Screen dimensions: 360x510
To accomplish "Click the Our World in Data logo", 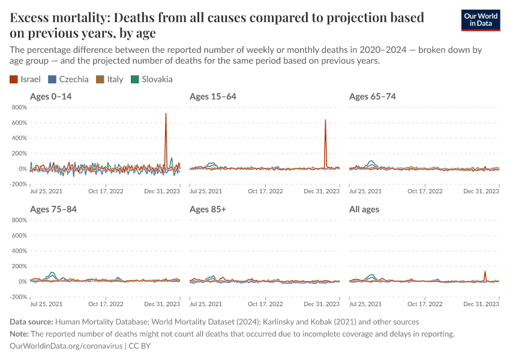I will (x=481, y=20).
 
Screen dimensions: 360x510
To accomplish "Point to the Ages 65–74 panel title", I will (x=373, y=97).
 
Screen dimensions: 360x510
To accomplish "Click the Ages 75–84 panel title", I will (x=53, y=209).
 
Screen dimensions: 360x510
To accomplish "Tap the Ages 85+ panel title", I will (x=208, y=209).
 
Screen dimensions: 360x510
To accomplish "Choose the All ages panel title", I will (x=364, y=209).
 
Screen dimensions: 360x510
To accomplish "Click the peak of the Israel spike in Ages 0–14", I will (x=166, y=114).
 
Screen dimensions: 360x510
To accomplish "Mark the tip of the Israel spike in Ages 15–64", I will (x=325, y=120).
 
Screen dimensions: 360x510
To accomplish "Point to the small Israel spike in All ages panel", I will (x=485, y=272).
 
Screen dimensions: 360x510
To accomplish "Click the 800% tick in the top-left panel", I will (x=19, y=107).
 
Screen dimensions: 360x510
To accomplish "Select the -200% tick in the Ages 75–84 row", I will (x=19, y=297).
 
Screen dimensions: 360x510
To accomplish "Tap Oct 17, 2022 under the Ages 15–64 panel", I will (x=266, y=191).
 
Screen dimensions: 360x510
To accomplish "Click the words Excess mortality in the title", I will (x=60, y=17).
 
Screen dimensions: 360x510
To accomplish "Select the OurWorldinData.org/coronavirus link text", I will (x=66, y=346).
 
